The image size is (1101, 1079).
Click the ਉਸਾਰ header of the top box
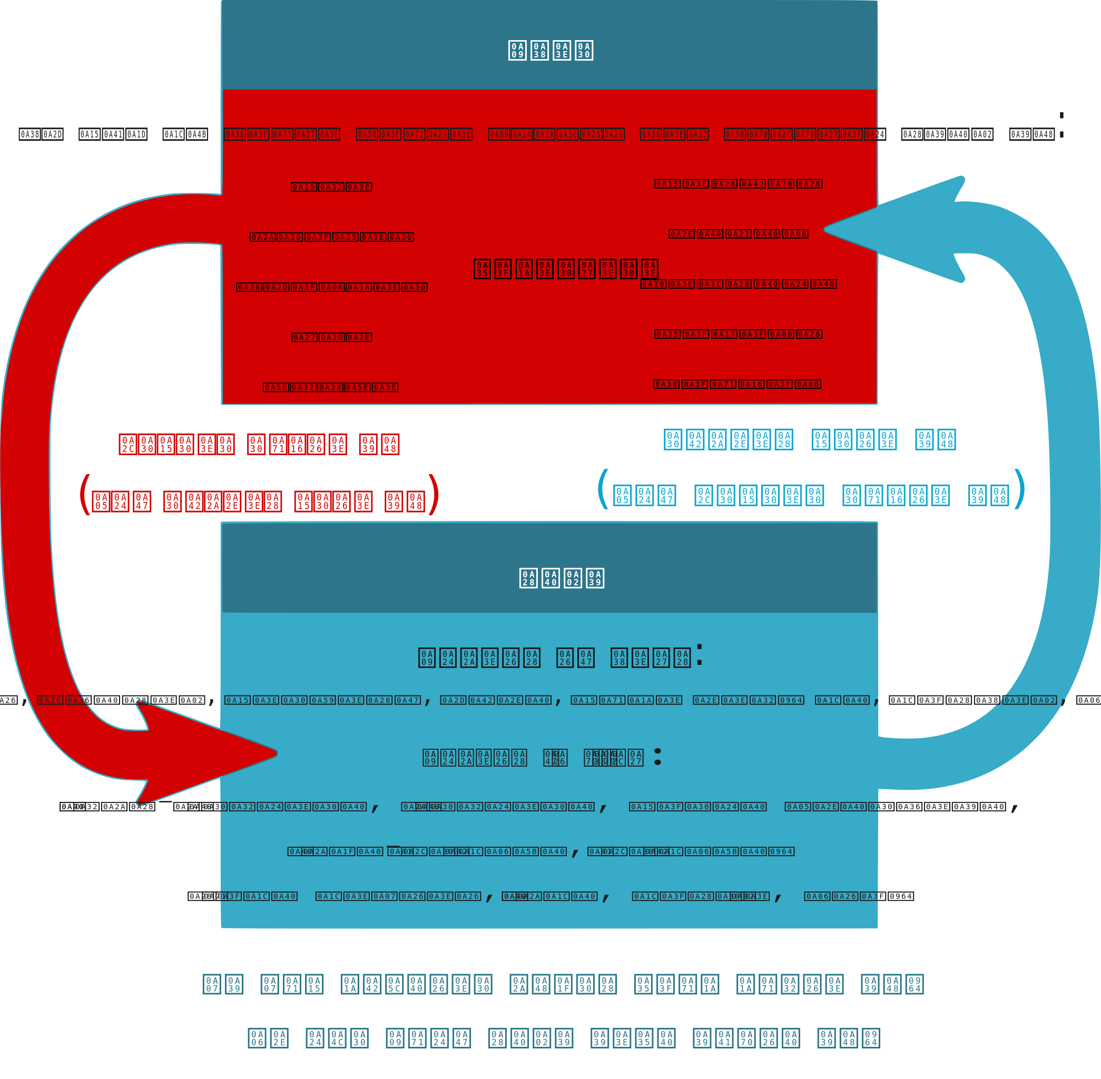(550, 51)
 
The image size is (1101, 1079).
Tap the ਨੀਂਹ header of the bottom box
(562, 578)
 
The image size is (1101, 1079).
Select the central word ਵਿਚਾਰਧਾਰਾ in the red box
(566, 269)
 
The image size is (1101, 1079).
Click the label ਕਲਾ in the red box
(331, 187)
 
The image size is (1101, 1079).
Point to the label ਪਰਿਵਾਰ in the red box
(331, 237)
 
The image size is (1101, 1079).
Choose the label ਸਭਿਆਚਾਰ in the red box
(331, 287)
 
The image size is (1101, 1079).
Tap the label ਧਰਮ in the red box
(331, 337)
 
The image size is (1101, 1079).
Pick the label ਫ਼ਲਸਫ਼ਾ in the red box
(330, 387)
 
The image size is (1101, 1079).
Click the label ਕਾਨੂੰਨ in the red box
(739, 184)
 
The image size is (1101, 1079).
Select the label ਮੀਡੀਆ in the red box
(739, 234)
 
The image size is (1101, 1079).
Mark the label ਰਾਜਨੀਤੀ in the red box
(739, 284)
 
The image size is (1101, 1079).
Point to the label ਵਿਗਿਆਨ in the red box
(739, 334)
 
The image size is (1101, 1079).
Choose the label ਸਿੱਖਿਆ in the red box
(737, 384)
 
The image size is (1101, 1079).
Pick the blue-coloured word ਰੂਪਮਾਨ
(729, 440)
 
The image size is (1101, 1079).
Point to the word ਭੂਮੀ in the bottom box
(496, 700)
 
